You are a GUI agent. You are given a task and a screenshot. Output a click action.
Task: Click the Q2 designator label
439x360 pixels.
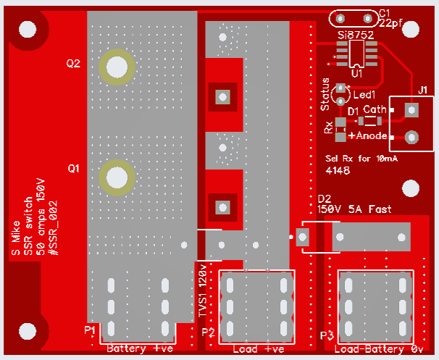(73, 64)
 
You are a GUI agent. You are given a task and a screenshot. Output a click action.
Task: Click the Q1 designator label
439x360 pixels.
(74, 169)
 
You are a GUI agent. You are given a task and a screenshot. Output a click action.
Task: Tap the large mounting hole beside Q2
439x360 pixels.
(117, 67)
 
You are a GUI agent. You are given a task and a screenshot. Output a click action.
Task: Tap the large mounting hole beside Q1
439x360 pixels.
(117, 177)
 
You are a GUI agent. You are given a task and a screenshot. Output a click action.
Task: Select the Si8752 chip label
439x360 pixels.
(356, 35)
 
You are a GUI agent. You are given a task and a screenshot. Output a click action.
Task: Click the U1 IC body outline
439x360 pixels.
(356, 54)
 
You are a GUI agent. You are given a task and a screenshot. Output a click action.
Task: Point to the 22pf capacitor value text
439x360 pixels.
(391, 23)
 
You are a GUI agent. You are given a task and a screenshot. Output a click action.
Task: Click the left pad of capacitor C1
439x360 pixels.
(340, 19)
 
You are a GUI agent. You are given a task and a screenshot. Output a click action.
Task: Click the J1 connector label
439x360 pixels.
(423, 90)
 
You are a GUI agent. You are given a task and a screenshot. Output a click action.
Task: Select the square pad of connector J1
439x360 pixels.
(411, 110)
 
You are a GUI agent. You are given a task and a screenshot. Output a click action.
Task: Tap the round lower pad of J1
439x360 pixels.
(411, 138)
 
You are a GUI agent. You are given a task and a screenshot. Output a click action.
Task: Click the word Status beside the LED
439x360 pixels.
(325, 94)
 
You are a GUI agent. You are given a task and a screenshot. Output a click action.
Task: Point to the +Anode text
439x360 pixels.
(367, 135)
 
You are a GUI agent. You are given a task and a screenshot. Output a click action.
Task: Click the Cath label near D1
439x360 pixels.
(375, 109)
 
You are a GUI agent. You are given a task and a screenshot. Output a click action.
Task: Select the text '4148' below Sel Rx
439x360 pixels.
(338, 170)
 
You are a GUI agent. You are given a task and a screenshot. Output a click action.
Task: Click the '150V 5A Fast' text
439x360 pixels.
(354, 209)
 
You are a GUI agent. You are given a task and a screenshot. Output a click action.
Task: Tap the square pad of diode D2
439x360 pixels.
(302, 237)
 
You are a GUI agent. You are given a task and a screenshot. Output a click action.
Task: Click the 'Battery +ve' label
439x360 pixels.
(140, 348)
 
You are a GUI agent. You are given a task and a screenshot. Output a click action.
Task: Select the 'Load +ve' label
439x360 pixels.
(259, 349)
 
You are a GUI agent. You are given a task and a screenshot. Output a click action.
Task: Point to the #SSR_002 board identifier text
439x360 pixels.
(53, 228)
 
